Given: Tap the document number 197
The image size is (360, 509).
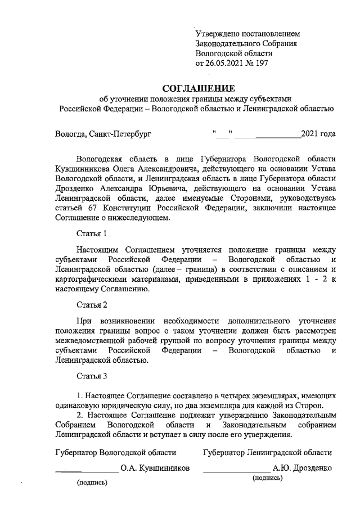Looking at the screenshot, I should (262, 64).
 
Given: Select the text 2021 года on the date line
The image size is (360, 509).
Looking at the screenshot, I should (318, 134).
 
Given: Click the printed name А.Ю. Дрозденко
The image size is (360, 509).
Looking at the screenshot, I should (302, 468).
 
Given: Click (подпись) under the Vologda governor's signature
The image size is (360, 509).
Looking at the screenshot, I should (92, 483).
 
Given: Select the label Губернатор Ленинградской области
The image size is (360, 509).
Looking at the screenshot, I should (267, 452).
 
